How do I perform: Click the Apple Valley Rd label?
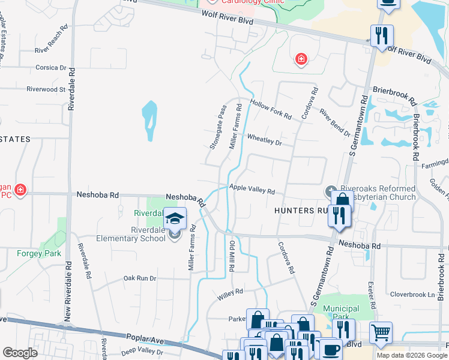252,190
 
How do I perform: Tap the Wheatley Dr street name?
264,139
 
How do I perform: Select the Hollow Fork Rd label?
271,109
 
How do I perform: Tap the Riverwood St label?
46,89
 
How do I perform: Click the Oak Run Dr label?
139,278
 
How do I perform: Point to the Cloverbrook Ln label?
412,295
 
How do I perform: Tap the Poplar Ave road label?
145,340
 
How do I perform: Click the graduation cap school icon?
175,218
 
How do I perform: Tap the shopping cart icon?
380,332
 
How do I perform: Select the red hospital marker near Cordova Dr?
301,59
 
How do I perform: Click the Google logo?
20,353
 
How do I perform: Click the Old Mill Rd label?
232,256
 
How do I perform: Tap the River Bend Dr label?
334,122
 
